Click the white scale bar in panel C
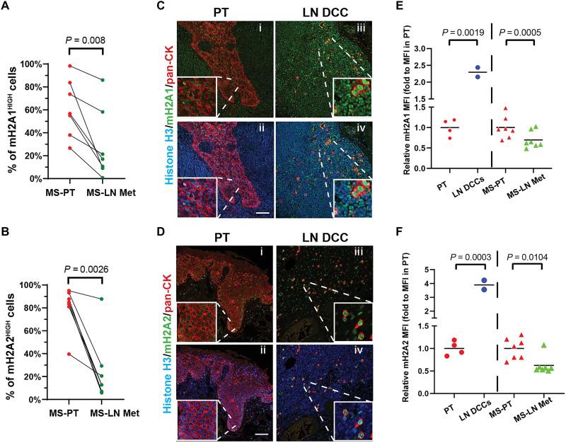[x=252, y=212]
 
